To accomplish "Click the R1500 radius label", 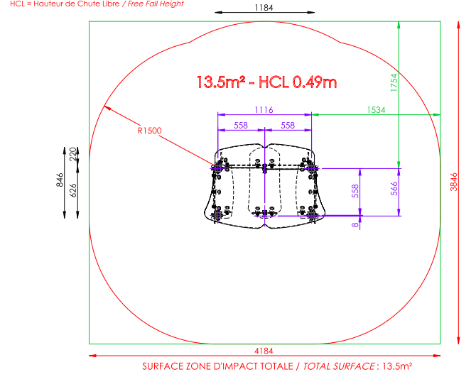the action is (x=150, y=131).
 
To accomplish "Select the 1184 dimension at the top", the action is (x=264, y=8).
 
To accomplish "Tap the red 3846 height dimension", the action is (x=453, y=182).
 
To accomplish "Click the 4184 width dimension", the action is (x=264, y=351).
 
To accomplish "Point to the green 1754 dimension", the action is (x=394, y=82).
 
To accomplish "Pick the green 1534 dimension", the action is (x=376, y=110).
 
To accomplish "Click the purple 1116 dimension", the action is (x=264, y=110).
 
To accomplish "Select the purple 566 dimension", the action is (x=394, y=188).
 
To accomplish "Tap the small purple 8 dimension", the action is (x=355, y=225).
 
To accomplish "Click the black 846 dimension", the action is (x=60, y=180).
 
